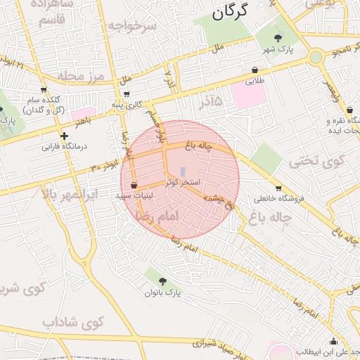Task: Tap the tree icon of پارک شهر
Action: (277, 38)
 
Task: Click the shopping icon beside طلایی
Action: (254, 70)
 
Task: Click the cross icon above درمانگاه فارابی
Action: (64, 136)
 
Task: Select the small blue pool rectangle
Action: (183, 172)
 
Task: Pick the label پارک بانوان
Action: (163, 292)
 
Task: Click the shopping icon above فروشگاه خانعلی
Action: (279, 188)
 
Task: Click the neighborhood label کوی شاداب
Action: (72, 322)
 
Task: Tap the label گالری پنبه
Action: (127, 104)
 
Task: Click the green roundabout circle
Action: (315, 57)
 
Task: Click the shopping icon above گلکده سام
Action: (44, 90)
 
